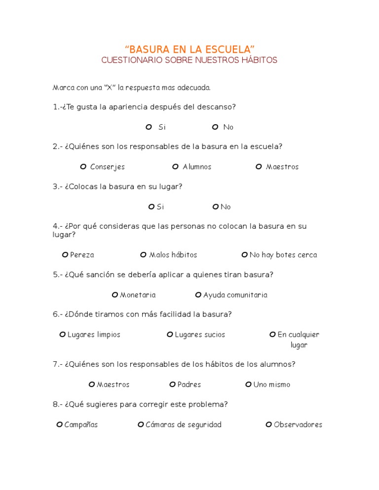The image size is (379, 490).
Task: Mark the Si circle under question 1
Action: tap(149, 127)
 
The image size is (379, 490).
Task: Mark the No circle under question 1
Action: tap(215, 127)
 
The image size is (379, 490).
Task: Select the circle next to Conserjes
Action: tap(83, 167)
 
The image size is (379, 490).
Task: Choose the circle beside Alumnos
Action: tap(175, 167)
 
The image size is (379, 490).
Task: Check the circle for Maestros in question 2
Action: tap(259, 167)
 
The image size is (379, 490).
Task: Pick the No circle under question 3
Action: tap(215, 207)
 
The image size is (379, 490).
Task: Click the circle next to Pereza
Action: tap(65, 255)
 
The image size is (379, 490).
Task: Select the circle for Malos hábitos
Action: tap(143, 255)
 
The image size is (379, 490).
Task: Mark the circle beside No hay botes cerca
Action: tap(244, 255)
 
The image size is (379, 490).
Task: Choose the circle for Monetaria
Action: tap(115, 295)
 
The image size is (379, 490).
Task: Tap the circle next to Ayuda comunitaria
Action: tap(198, 295)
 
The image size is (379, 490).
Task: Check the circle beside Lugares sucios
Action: tap(170, 335)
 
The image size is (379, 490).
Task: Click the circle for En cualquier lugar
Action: tap(272, 335)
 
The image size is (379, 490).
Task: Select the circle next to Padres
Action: tap(172, 385)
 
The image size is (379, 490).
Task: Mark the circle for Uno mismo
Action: tap(248, 385)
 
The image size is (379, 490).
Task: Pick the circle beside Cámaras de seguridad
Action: tap(141, 424)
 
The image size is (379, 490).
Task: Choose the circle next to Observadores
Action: tap(268, 424)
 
